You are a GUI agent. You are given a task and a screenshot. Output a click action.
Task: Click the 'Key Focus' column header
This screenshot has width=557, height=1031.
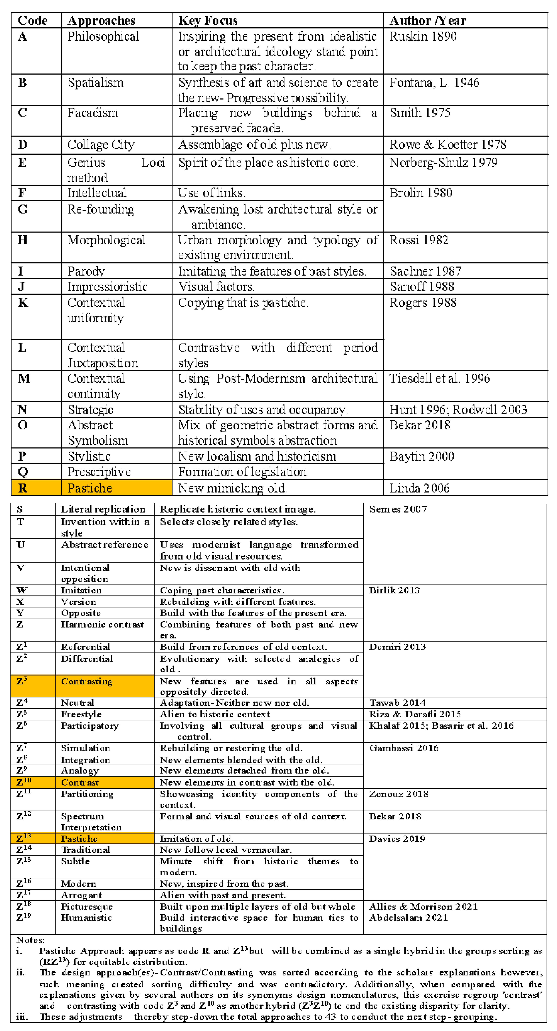[x=208, y=20]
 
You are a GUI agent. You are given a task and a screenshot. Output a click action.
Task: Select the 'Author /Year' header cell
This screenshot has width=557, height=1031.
[x=428, y=20]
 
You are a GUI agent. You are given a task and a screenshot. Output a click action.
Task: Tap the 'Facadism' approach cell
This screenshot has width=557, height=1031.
[x=93, y=113]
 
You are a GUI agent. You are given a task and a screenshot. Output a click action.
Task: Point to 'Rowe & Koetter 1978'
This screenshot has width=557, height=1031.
[x=448, y=144]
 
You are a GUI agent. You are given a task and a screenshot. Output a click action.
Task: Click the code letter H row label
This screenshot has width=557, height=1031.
[x=22, y=240]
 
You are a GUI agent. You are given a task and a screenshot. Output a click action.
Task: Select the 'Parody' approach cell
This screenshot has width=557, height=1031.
[x=86, y=271]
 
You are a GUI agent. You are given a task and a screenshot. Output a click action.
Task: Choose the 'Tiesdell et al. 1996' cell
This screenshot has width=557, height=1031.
[x=439, y=379]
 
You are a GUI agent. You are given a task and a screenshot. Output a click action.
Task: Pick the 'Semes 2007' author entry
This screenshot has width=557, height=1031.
[x=398, y=509]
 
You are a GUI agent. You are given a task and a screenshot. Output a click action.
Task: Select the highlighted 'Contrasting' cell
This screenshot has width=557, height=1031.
[x=87, y=681]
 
